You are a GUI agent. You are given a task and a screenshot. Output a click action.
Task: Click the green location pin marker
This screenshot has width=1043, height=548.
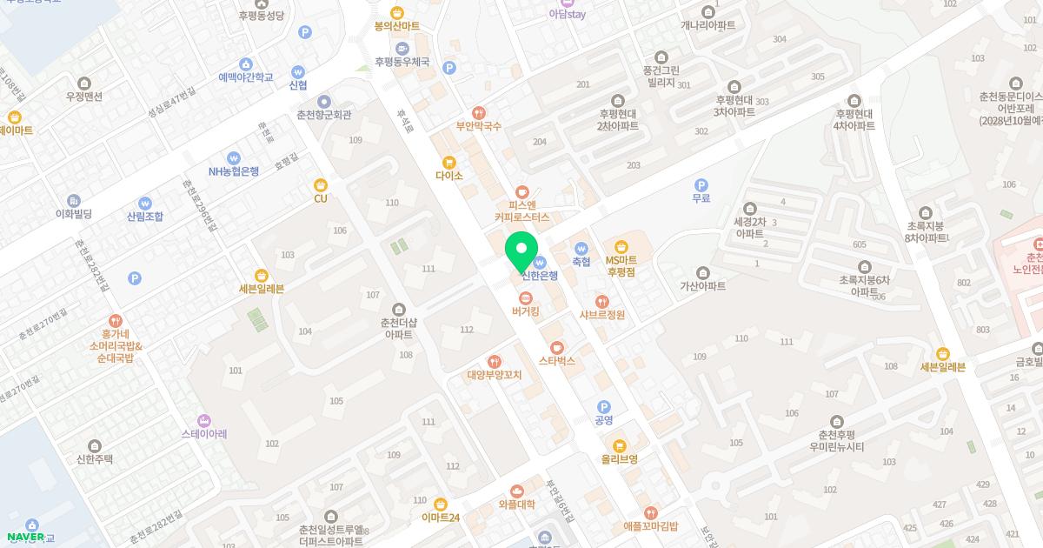[521, 251]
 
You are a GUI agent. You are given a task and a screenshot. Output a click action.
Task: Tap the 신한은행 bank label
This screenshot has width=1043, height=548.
[540, 276]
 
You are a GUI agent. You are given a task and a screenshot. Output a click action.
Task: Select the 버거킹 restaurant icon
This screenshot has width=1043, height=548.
[526, 297]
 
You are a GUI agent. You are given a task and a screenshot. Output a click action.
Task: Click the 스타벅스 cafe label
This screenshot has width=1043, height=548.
[557, 360]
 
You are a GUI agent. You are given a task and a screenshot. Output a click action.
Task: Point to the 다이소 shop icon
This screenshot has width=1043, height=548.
[449, 162]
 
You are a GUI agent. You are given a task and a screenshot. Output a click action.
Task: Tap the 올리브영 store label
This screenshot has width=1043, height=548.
[620, 458]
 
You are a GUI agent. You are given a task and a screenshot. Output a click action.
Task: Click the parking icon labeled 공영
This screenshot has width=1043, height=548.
[604, 407]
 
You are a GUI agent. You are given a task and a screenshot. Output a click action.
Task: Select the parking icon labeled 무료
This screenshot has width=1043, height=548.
[701, 184]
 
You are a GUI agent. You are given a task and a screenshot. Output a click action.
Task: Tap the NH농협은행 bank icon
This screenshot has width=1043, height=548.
[233, 157]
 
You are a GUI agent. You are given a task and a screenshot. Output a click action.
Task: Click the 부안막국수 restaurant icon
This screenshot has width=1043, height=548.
[479, 113]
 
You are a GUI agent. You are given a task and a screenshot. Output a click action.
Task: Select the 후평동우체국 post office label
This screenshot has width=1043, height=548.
[402, 62]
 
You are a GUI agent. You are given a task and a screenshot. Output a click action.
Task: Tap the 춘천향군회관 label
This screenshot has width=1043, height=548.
[324, 114]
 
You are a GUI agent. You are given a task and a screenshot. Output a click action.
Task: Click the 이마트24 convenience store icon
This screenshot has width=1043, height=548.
[441, 504]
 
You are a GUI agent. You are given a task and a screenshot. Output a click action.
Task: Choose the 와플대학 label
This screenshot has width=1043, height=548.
[517, 505]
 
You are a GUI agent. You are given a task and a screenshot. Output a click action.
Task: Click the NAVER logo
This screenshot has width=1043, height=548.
[26, 537]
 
